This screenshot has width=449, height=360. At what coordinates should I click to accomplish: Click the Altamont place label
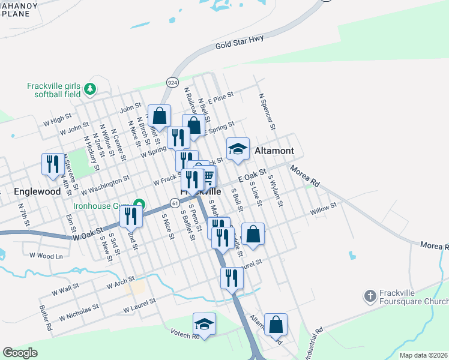click(x=274, y=151)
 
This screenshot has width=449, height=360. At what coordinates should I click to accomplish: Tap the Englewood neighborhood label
click(x=38, y=192)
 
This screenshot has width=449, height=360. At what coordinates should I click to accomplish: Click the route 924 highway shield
click(x=172, y=82)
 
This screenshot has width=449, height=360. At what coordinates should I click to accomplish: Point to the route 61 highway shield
click(x=173, y=203)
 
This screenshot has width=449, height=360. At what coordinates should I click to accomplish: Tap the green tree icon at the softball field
click(x=90, y=89)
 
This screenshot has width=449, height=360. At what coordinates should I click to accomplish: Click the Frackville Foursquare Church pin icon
click(x=370, y=296)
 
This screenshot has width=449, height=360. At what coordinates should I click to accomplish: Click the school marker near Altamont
click(x=238, y=150)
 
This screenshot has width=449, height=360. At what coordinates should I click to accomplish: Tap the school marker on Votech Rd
click(x=204, y=325)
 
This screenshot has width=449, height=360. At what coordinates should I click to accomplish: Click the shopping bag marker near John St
click(x=160, y=115)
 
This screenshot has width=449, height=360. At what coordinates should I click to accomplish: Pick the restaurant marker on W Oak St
click(x=131, y=216)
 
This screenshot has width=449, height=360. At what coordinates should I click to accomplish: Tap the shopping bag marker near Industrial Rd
click(x=276, y=325)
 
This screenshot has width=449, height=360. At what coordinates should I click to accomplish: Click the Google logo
click(x=20, y=353)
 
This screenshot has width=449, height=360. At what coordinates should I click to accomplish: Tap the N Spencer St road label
click(x=267, y=111)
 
